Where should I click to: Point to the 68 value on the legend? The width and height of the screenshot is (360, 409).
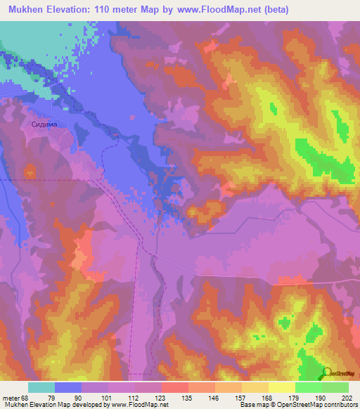tap(23, 398)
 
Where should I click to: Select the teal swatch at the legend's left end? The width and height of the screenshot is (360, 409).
tap(41, 387)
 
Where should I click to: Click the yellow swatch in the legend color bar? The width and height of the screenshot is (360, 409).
tap(282, 387)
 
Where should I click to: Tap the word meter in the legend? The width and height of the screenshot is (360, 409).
tap(9, 398)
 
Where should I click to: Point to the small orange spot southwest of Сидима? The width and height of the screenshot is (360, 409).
tap(30, 171)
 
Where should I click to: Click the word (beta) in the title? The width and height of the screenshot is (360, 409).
tap(271, 10)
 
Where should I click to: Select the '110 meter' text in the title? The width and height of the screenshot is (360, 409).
tap(122, 10)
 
